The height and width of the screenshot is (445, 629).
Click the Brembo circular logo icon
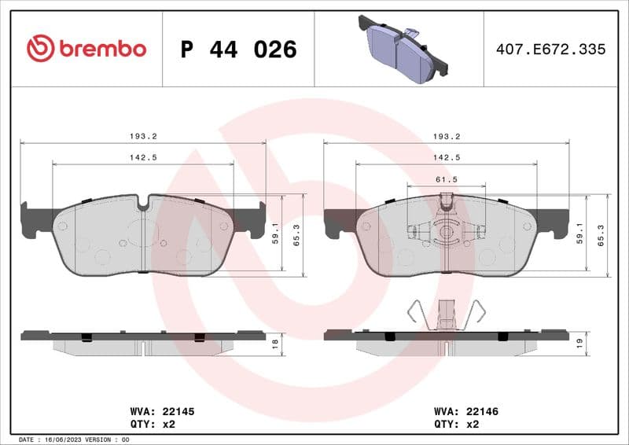(40, 49)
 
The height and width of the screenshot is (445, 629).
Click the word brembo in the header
(101, 49)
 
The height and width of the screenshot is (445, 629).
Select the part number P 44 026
(238, 50)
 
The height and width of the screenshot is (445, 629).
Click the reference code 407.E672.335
(550, 50)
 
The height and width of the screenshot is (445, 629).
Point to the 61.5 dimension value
(447, 179)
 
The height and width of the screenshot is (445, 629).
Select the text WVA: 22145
(161, 411)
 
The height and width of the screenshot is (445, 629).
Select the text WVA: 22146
(466, 411)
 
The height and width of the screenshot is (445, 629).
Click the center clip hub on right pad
(446, 232)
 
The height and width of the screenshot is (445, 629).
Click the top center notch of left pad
(142, 203)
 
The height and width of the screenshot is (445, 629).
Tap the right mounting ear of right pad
(560, 222)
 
